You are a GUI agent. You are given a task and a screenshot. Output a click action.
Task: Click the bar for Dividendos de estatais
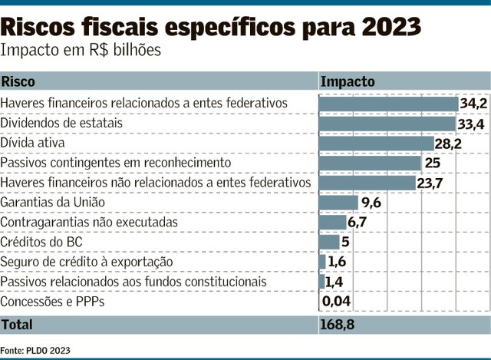click(x=387, y=123)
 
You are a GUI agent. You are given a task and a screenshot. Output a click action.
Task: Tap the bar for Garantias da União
click(x=338, y=203)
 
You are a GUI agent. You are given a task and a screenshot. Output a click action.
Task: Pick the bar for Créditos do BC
click(x=329, y=243)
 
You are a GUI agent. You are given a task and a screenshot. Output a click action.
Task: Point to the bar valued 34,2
click(x=388, y=103)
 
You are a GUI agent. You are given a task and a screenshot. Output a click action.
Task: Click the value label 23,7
click(x=431, y=183)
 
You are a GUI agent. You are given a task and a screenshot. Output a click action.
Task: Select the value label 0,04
click(x=337, y=302)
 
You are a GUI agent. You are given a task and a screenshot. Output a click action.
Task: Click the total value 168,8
click(x=337, y=325)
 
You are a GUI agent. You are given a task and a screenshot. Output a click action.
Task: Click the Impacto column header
click(x=348, y=81)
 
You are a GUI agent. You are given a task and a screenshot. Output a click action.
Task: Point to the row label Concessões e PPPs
click(x=52, y=302)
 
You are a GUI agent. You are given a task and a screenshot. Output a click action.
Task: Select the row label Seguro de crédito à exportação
click(x=87, y=263)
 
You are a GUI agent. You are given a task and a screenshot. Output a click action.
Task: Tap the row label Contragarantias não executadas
click(x=89, y=223)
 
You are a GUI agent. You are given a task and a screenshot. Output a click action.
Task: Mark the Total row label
click(x=17, y=325)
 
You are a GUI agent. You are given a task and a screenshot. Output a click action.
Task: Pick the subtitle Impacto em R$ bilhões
click(x=81, y=51)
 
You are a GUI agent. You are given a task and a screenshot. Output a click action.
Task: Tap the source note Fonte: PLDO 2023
click(x=35, y=350)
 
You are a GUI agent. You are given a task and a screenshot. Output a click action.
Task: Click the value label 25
click(x=433, y=163)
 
